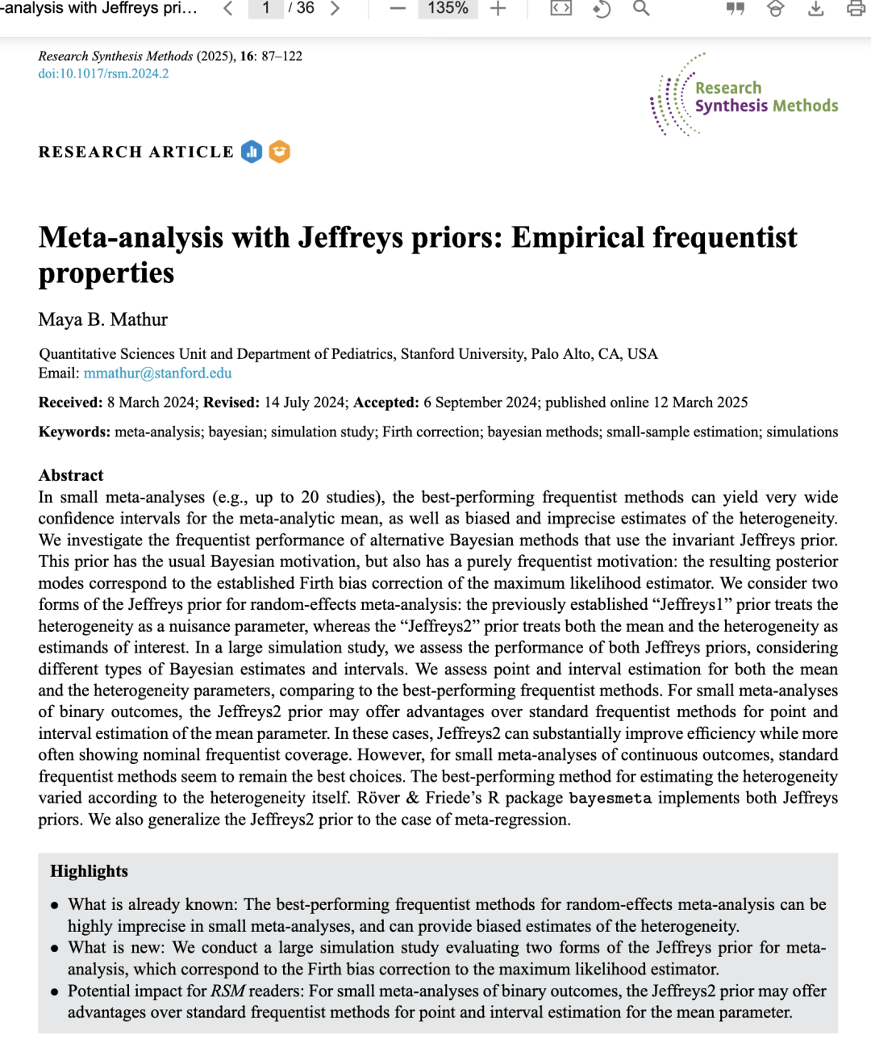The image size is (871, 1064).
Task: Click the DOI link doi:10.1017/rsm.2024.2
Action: [103, 73]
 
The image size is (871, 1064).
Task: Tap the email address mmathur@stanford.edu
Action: [157, 373]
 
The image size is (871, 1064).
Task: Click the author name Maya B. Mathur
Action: [102, 319]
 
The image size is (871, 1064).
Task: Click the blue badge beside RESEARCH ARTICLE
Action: [252, 152]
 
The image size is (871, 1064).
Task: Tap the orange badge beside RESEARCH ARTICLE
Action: [279, 152]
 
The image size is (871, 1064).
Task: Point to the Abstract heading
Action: [71, 475]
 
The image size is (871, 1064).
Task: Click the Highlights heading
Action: [89, 871]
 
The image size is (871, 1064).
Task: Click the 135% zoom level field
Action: [448, 8]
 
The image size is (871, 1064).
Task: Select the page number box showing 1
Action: [265, 8]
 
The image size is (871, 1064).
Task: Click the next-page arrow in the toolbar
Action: [335, 8]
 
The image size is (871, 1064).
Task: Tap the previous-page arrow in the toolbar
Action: [228, 8]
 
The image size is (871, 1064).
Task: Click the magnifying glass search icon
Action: [641, 8]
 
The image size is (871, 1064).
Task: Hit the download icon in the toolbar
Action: [815, 8]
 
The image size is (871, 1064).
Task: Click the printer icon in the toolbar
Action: [856, 8]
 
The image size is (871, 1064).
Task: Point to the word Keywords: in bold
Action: [74, 432]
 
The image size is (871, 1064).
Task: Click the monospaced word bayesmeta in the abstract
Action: [610, 798]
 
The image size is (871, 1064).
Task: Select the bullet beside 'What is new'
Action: [55, 949]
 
